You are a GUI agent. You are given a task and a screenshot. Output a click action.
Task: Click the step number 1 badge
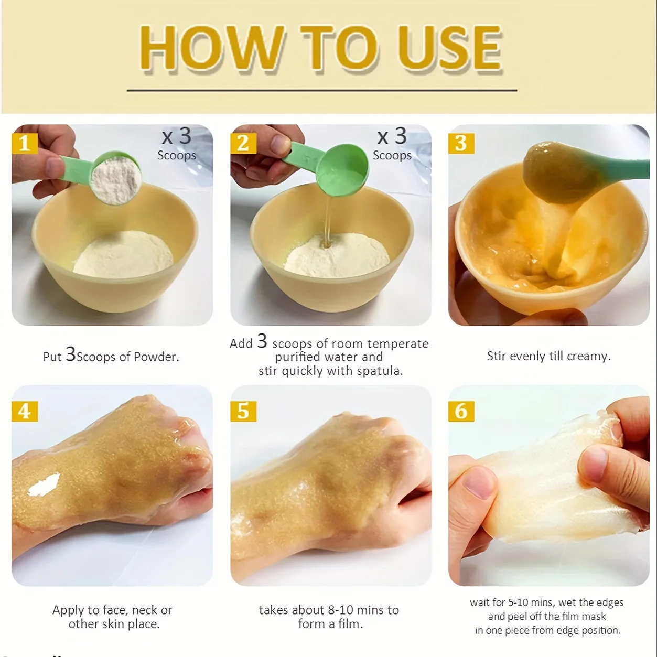pyautogui.click(x=25, y=143)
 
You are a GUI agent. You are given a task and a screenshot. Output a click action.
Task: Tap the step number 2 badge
pyautogui.click(x=243, y=143)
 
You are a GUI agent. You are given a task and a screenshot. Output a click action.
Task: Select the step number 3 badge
pyautogui.click(x=461, y=143)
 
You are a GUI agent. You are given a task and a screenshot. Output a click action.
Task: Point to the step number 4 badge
pyautogui.click(x=25, y=411)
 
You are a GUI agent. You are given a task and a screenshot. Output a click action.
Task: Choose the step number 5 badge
pyautogui.click(x=243, y=411)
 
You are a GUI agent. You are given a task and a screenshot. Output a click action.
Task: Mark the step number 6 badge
pyautogui.click(x=461, y=411)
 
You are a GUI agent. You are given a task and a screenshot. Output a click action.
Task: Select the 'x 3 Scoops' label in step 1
pyautogui.click(x=177, y=144)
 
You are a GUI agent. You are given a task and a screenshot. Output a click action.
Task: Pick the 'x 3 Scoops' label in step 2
pyautogui.click(x=393, y=144)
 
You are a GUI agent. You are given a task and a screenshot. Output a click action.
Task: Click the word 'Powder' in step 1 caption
pyautogui.click(x=156, y=357)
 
